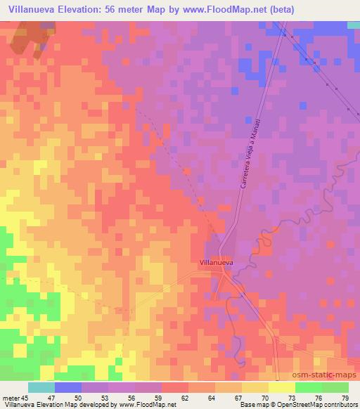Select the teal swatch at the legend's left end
pyautogui.click(x=41, y=387)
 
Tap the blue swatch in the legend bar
pyautogui.click(x=68, y=387)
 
